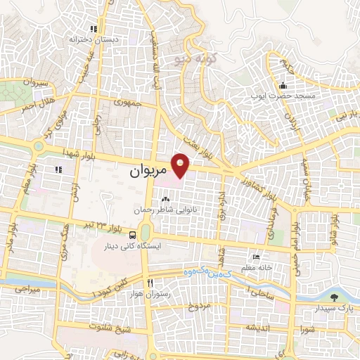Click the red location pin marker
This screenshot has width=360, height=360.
[x=181, y=165]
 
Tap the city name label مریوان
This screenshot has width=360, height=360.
[x=148, y=171]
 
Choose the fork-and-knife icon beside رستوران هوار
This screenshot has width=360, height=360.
[x=150, y=283]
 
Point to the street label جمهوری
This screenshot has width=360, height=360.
[x=129, y=103]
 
